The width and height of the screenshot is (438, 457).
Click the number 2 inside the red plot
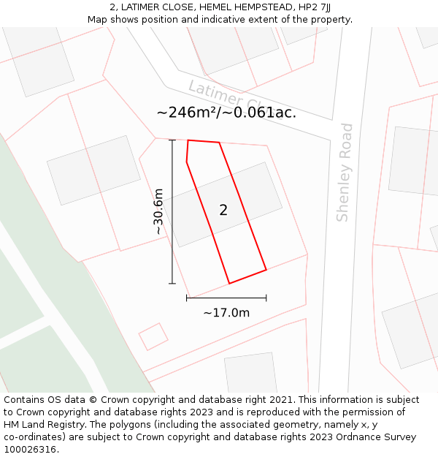coord(223,211)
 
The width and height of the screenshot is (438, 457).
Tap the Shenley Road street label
coord(345,173)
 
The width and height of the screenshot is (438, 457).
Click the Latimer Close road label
coord(223,96)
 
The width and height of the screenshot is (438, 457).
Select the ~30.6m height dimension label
coord(158,211)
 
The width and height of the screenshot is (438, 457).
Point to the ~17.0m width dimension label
coord(226,313)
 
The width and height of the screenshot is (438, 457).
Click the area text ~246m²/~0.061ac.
coord(226,113)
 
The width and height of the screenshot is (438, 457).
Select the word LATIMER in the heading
coord(140,7)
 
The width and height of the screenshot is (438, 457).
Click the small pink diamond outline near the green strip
coord(153,336)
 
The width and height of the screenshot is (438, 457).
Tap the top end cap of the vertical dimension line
coord(172,140)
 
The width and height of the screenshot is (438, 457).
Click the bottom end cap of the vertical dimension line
coord(172,283)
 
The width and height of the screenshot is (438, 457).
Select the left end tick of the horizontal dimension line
coord(187,298)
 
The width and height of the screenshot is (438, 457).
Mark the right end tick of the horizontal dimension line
coord(266,298)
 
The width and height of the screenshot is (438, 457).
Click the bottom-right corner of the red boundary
coord(266,270)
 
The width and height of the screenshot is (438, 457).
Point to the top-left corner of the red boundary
coord(188,140)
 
